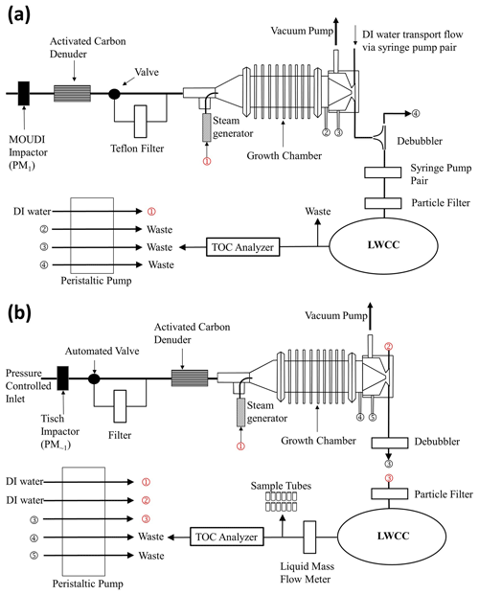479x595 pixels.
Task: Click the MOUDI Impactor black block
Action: coord(24,93)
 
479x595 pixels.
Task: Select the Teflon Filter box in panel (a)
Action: coord(141,122)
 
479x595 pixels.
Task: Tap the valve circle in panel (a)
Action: coord(114,94)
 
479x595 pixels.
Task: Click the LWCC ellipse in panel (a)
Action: coord(384,245)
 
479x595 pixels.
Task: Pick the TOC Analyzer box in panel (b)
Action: coord(227,537)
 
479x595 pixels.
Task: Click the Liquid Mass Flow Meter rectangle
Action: coord(309,537)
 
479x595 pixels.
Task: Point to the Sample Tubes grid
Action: coord(281,501)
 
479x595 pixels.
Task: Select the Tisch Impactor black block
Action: coord(63,378)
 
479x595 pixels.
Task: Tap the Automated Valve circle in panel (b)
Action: coord(94,378)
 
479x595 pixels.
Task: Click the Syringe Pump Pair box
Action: coord(383,172)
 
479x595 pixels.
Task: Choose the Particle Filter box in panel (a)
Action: coord(383,203)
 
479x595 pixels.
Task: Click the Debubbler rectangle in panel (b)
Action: coord(389,443)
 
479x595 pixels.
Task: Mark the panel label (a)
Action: coord(19,14)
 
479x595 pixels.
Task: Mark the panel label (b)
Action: coord(19,313)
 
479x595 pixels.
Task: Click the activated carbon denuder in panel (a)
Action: coord(72,93)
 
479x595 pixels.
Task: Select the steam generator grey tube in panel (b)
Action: coord(240,413)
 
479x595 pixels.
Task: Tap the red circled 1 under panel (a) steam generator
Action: coord(207,161)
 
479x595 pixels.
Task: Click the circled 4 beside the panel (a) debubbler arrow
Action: coord(416,113)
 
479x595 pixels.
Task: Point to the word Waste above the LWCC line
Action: coord(318,212)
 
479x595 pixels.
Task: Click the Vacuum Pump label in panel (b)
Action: coord(336,315)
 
